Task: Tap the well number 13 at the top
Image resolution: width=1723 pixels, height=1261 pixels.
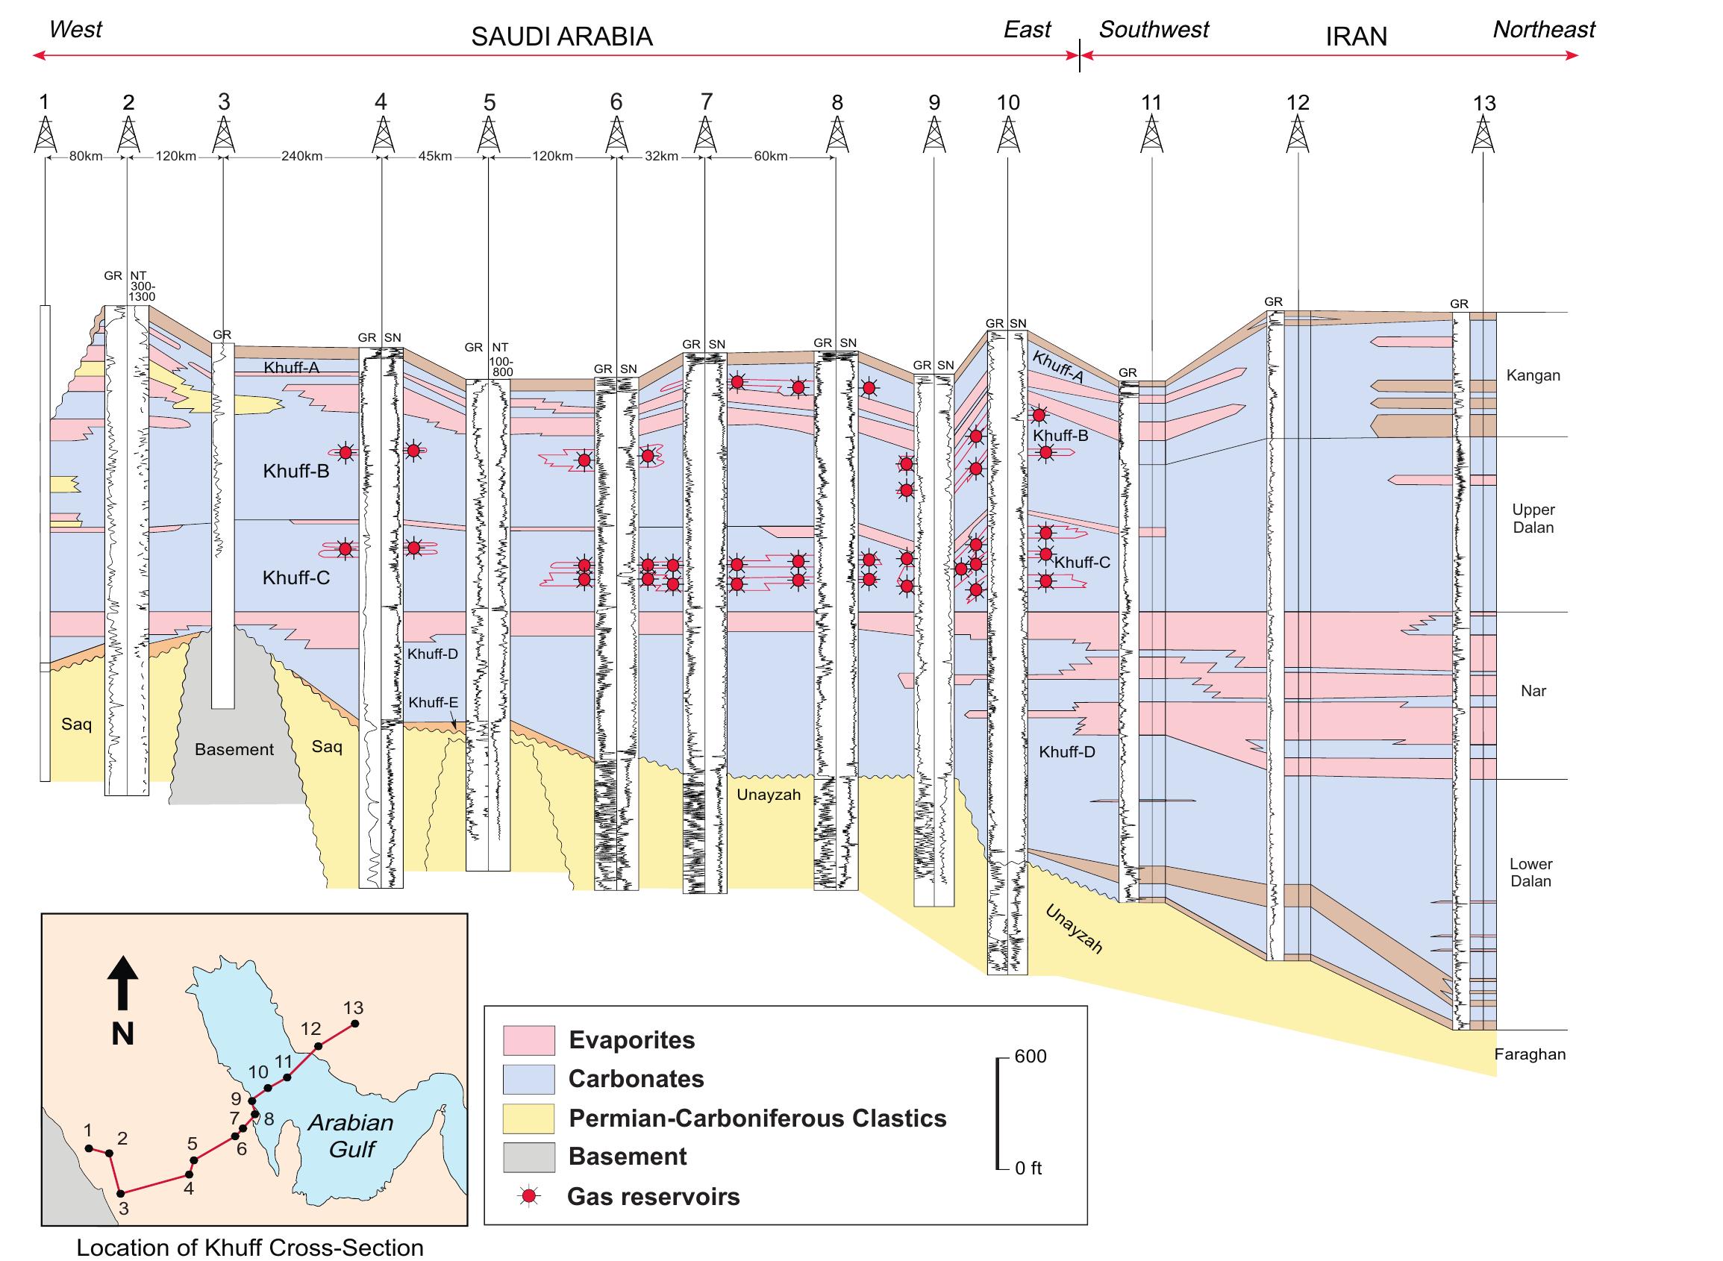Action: (1483, 102)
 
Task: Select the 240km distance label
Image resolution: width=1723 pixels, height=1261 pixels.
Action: (301, 157)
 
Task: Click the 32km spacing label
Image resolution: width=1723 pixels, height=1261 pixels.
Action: (661, 157)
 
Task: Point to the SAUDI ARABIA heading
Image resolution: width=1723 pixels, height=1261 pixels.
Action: (561, 37)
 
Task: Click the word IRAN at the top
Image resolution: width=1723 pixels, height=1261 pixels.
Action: (1356, 37)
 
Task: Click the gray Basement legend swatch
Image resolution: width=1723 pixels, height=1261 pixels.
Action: (528, 1157)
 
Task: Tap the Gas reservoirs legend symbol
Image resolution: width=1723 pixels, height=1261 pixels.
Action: (528, 1197)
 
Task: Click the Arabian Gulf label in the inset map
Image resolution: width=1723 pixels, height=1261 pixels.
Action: (351, 1135)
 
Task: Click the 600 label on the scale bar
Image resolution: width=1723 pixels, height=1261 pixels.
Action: (1031, 1057)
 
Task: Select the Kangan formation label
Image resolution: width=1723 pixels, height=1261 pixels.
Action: (1533, 375)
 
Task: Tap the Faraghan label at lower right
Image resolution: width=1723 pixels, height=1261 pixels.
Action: (1530, 1055)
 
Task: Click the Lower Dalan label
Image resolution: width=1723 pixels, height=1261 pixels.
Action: (1530, 872)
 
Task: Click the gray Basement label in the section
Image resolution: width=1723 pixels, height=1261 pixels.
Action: (234, 750)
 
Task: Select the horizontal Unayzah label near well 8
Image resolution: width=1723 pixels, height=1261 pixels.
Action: (768, 795)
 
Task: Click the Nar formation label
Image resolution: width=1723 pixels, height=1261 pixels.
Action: (1533, 691)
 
